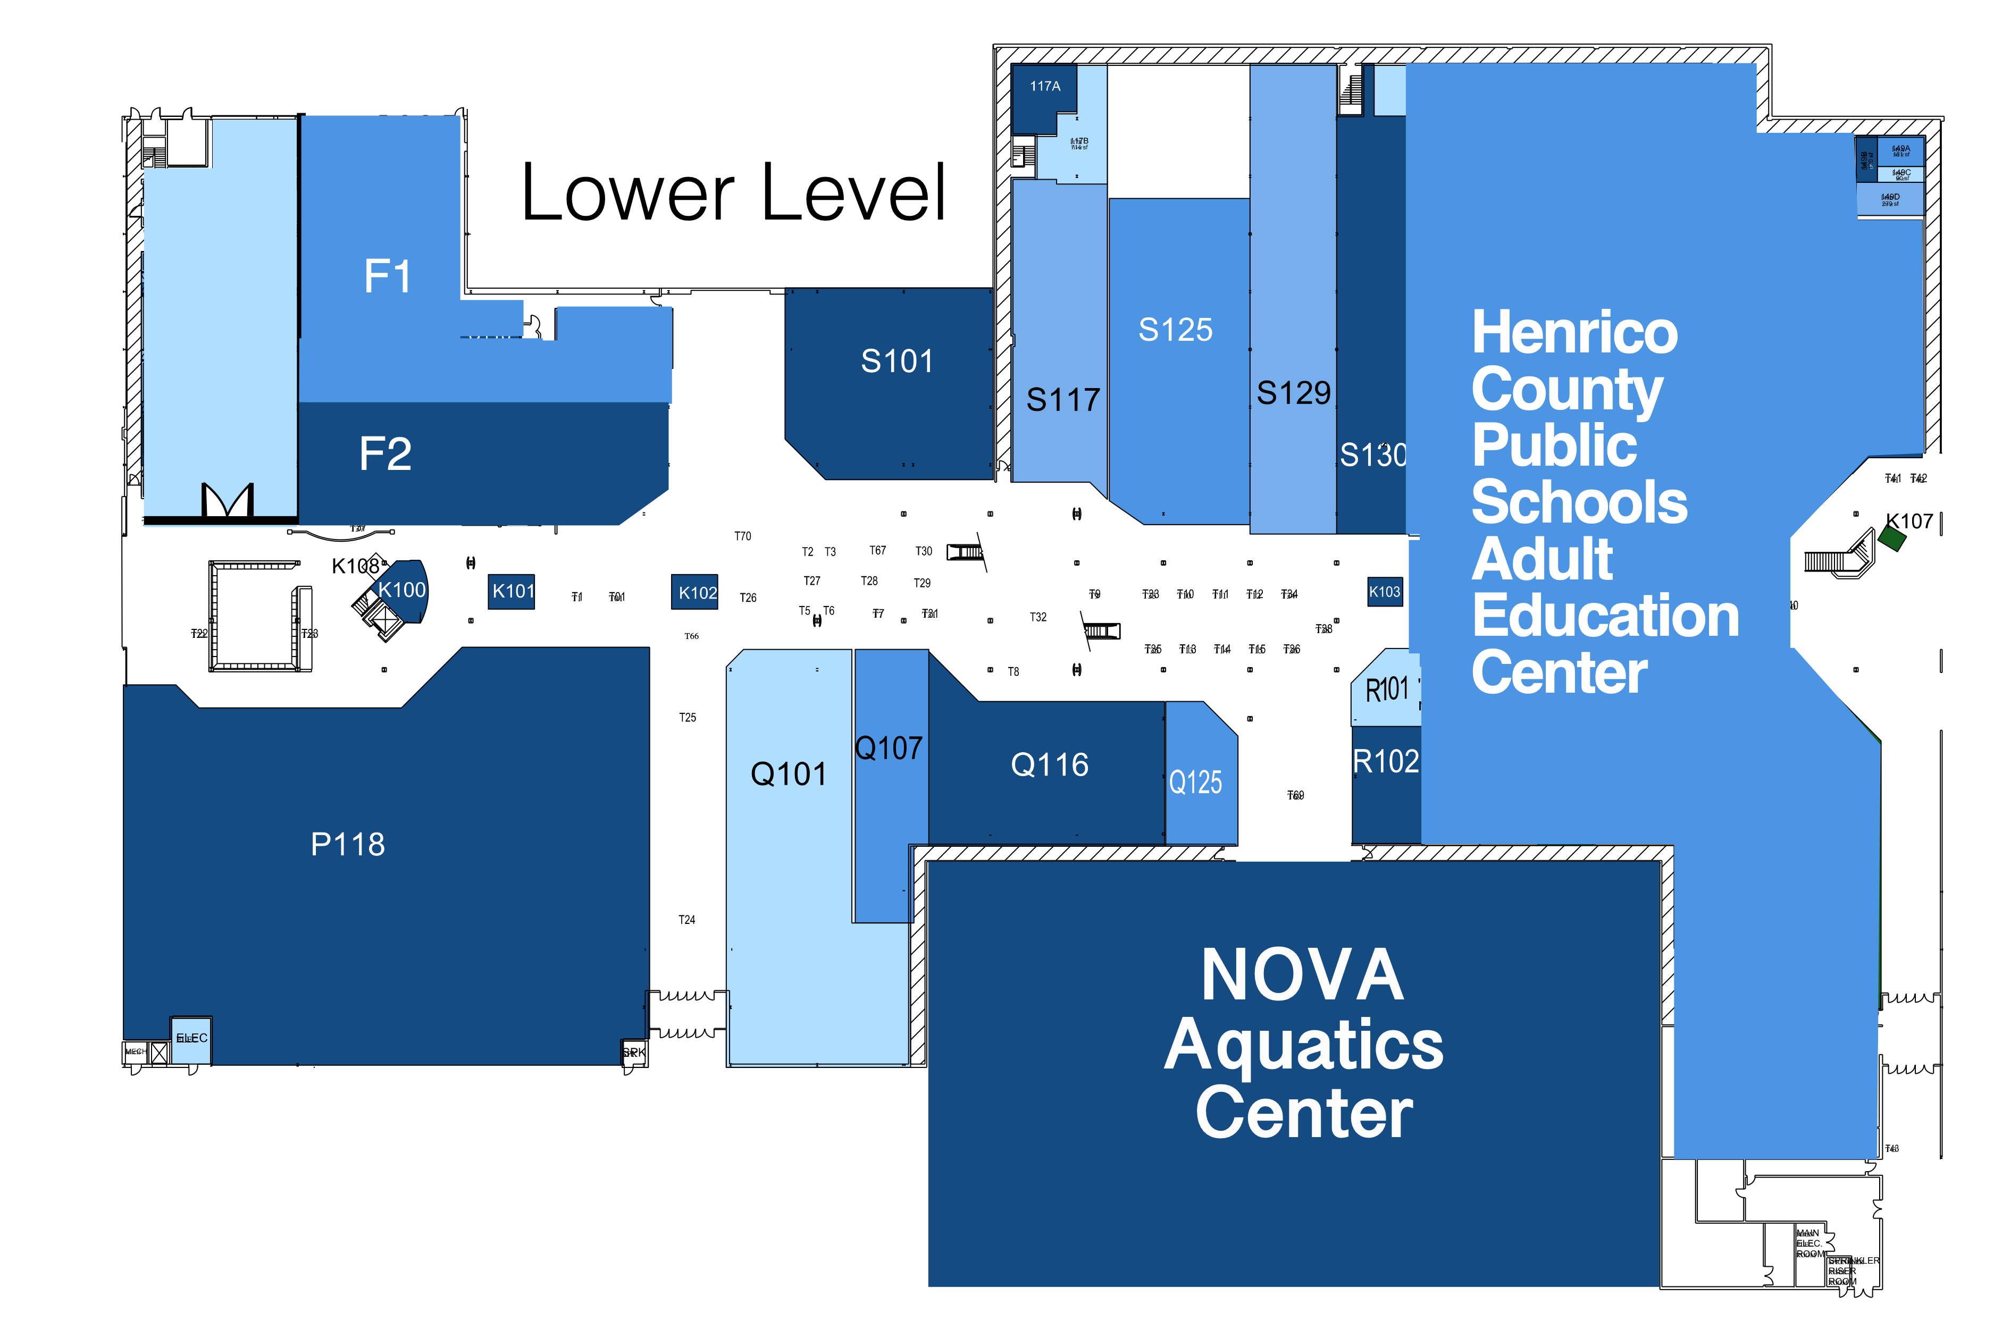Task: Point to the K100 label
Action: (x=402, y=590)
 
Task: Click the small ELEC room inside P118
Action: (x=191, y=1039)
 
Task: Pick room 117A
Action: (x=1044, y=87)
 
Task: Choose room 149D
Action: (x=1890, y=199)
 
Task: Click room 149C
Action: (x=1901, y=174)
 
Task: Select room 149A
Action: (x=1901, y=151)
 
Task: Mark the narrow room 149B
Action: (x=1866, y=159)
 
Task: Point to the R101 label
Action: (x=1387, y=691)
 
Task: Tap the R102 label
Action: (x=1385, y=762)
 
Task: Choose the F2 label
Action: (x=386, y=455)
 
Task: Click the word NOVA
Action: (x=1302, y=977)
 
